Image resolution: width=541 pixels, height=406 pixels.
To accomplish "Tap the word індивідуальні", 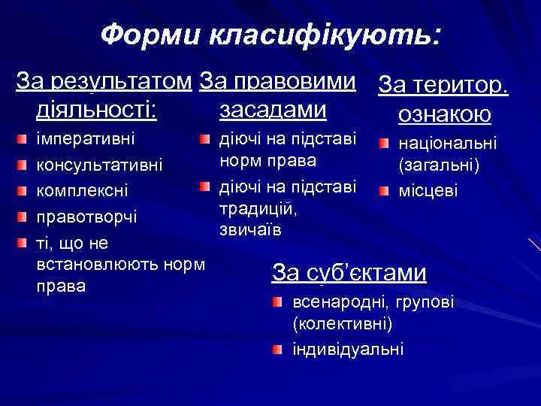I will (348, 349).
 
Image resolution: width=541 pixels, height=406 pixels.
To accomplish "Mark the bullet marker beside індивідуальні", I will (277, 350).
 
